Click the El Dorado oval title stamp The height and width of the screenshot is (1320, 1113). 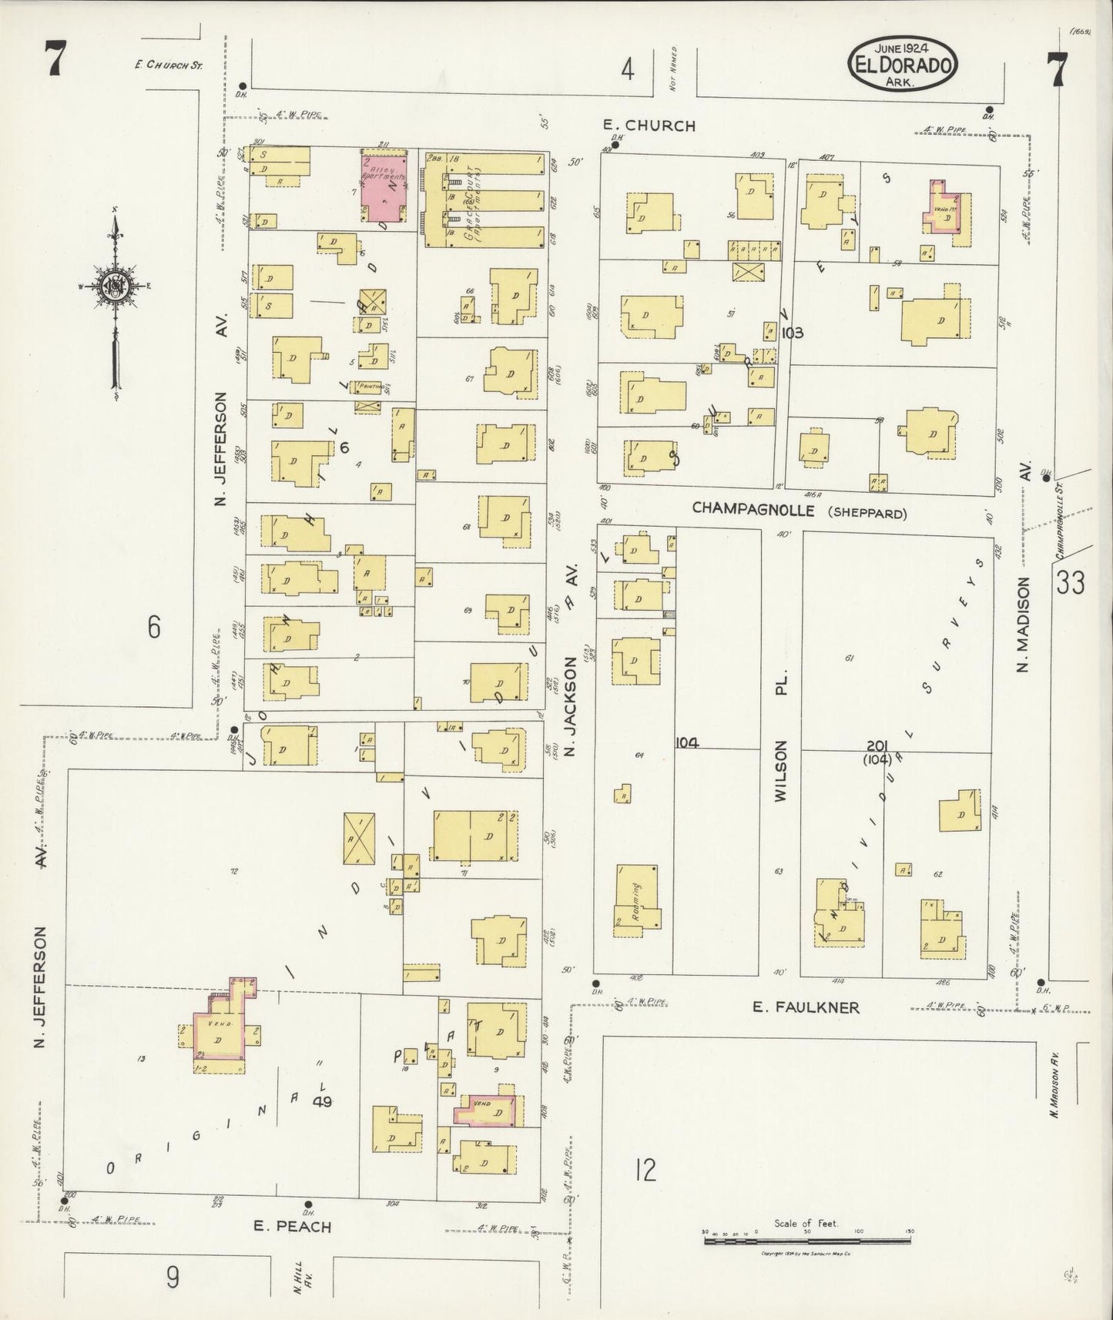[903, 61]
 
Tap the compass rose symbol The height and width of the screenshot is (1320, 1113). [115, 286]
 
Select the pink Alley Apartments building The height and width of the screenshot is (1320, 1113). [384, 187]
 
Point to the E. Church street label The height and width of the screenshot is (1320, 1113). [649, 126]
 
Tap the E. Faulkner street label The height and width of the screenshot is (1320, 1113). [806, 1007]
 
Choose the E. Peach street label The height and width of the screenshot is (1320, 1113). [293, 1227]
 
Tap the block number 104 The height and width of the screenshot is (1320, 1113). [686, 742]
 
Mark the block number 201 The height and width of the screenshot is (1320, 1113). [877, 745]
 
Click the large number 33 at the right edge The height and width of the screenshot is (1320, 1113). [1071, 583]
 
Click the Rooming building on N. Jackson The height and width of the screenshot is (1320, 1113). [637, 898]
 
